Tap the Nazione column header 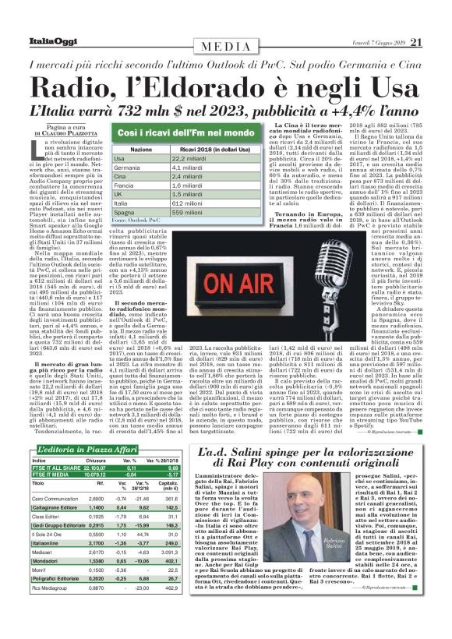tap(140, 148)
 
